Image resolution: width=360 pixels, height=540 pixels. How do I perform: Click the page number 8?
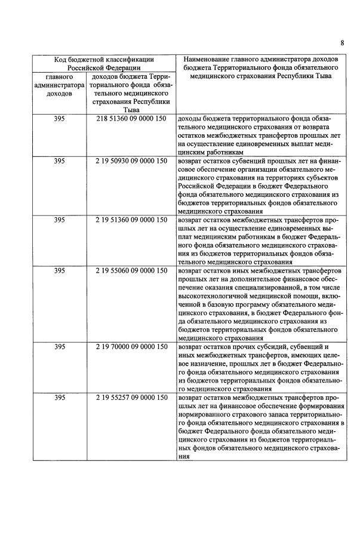(x=342, y=42)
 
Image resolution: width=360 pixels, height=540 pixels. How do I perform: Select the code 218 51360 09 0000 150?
(x=131, y=119)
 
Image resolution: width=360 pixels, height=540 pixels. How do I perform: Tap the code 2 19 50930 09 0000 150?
(x=131, y=161)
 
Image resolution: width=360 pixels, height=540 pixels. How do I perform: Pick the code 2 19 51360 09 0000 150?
(x=131, y=220)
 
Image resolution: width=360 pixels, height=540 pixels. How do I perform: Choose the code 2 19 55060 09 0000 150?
(x=131, y=270)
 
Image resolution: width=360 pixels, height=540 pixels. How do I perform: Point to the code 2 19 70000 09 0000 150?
(x=131, y=347)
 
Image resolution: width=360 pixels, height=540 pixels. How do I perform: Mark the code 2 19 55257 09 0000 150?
(x=131, y=397)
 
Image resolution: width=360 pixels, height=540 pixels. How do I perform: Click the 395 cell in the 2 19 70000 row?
(x=59, y=347)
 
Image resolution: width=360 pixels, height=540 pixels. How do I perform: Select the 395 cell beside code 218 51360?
(x=59, y=119)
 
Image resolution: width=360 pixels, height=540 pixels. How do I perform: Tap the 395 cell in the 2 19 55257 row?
(x=59, y=397)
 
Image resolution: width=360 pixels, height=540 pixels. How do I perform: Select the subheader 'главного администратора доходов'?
(x=59, y=85)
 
